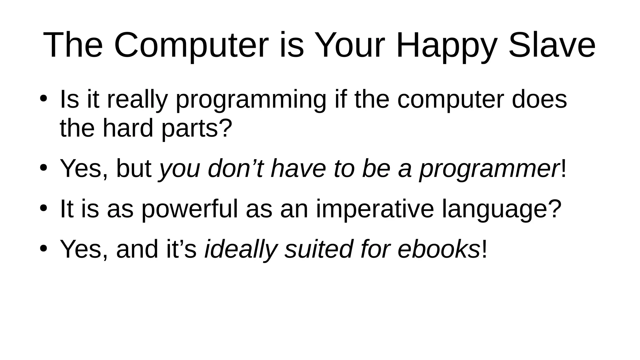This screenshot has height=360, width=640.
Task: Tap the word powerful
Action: pos(189,209)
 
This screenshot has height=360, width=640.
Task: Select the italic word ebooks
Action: pos(438,249)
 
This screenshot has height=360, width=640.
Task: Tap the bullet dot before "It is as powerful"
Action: pos(43,208)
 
